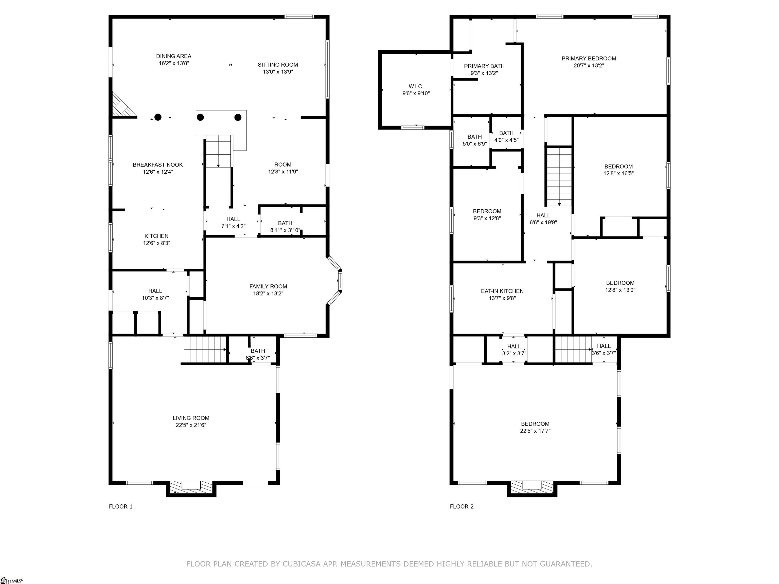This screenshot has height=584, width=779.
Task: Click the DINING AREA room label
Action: pos(174,56)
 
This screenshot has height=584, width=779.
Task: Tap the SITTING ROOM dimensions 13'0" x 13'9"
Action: pos(278,72)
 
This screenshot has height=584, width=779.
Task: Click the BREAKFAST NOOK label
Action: pos(158,165)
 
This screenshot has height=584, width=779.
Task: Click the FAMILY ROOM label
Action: pos(268,286)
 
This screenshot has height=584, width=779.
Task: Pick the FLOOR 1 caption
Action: pos(121,506)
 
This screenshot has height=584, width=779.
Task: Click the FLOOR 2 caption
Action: pos(462,506)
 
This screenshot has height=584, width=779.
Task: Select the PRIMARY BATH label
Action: pos(484,66)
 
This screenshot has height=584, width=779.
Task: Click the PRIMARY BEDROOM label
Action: pos(589,59)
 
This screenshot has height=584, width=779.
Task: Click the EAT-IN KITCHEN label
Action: pos(502,291)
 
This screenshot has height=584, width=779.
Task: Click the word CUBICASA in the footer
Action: pos(302,564)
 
